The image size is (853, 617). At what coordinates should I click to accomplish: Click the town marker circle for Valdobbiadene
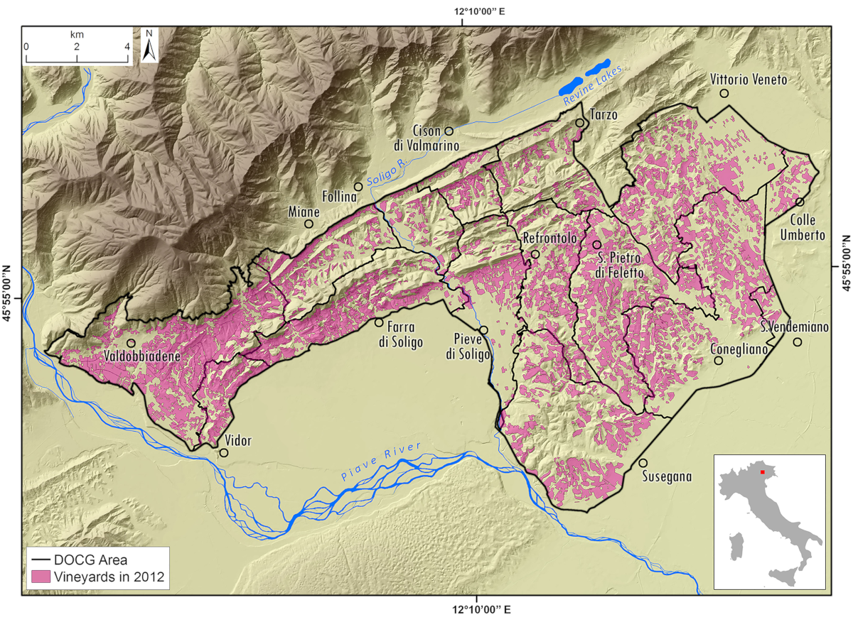point(131,343)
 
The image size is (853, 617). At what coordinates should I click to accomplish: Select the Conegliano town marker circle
point(719,361)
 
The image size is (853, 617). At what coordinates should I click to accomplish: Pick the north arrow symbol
point(149,45)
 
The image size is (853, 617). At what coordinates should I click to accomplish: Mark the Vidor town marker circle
point(224,453)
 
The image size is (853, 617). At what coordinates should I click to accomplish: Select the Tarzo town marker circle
point(580,123)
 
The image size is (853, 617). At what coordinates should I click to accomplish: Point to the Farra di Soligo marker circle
point(379,322)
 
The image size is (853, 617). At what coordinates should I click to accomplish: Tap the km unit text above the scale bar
point(77,33)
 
